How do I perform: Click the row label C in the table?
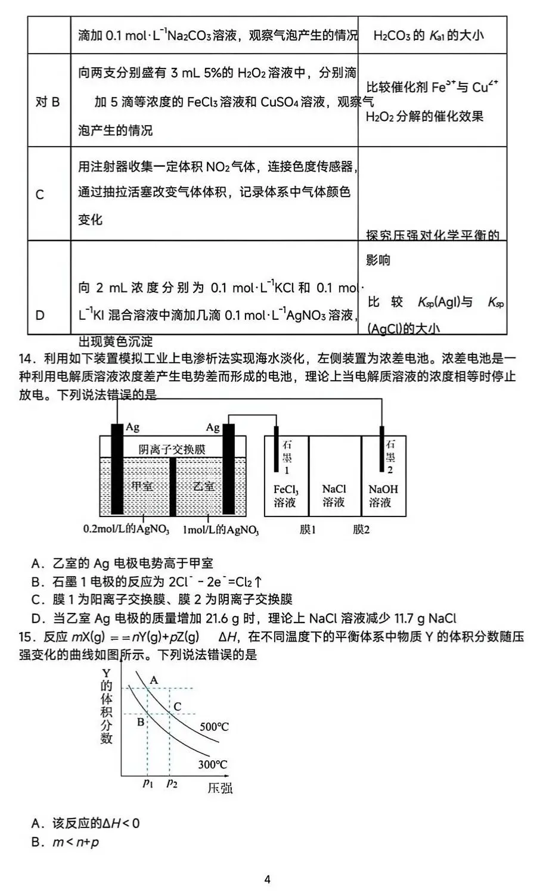[40, 195]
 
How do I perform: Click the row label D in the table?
[40, 315]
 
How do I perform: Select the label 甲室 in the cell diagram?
[141, 486]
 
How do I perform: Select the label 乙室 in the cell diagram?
[204, 486]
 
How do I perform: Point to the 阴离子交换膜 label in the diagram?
[172, 449]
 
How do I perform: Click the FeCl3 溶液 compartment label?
[285, 496]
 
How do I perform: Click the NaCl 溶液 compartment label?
[334, 496]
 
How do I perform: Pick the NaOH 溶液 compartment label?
[383, 496]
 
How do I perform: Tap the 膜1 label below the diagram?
[308, 529]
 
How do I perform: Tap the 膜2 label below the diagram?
[361, 529]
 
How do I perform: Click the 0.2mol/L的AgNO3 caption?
[126, 529]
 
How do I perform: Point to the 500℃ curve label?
[214, 727]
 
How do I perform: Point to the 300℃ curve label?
[212, 764]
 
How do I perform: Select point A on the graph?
[154, 680]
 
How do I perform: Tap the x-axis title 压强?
[219, 789]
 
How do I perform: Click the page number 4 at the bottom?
[268, 879]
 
